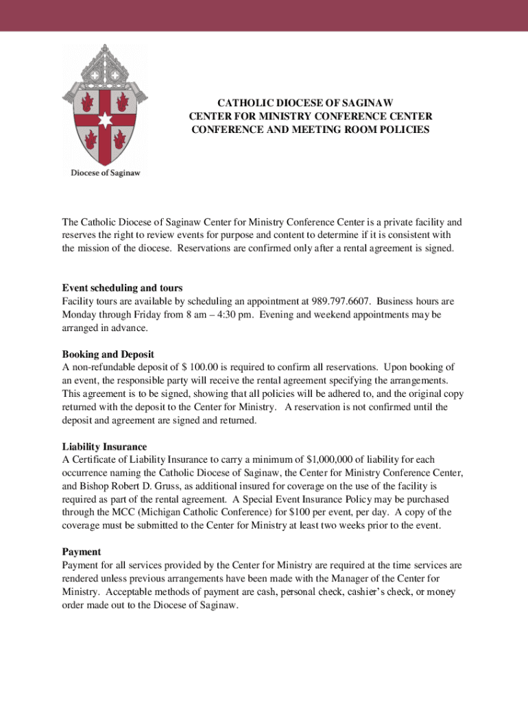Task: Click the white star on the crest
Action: point(104,121)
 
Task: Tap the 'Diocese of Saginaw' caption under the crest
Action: point(106,173)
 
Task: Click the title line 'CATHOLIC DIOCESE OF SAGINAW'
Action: point(310,103)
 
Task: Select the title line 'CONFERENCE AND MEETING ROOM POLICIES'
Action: point(310,130)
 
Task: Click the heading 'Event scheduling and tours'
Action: point(122,288)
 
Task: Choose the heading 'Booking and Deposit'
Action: point(108,354)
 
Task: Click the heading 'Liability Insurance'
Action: point(104,447)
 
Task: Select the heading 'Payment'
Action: point(82,552)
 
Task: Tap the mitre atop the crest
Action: point(104,63)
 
